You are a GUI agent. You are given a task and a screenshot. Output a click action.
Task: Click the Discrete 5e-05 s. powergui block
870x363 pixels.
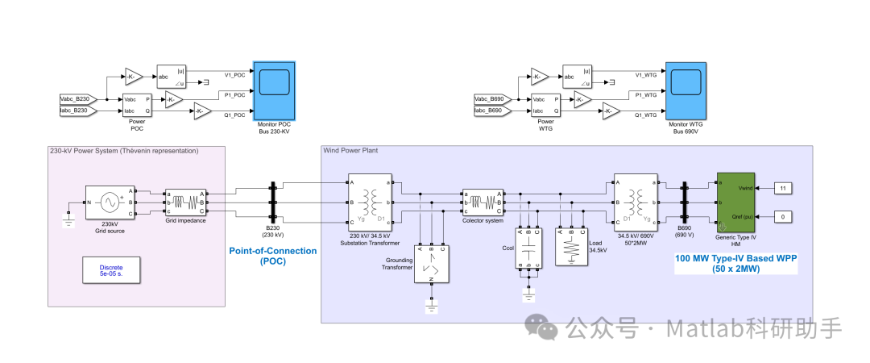tap(111, 271)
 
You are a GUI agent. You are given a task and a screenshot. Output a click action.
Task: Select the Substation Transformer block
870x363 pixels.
tap(370, 200)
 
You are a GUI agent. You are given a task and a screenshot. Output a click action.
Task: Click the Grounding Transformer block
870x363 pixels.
tap(432, 264)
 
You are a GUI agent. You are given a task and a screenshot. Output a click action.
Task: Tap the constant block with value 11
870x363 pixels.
tap(785, 188)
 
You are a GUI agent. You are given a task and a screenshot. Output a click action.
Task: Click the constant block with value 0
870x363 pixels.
tap(785, 217)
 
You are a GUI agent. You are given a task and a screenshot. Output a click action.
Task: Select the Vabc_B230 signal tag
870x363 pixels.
tap(80, 98)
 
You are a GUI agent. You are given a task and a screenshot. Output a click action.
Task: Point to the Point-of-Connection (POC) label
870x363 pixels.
tap(273, 256)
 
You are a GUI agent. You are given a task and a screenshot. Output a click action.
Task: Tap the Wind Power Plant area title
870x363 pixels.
tap(350, 150)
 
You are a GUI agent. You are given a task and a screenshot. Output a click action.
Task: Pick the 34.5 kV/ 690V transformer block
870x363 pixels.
tap(635, 200)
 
